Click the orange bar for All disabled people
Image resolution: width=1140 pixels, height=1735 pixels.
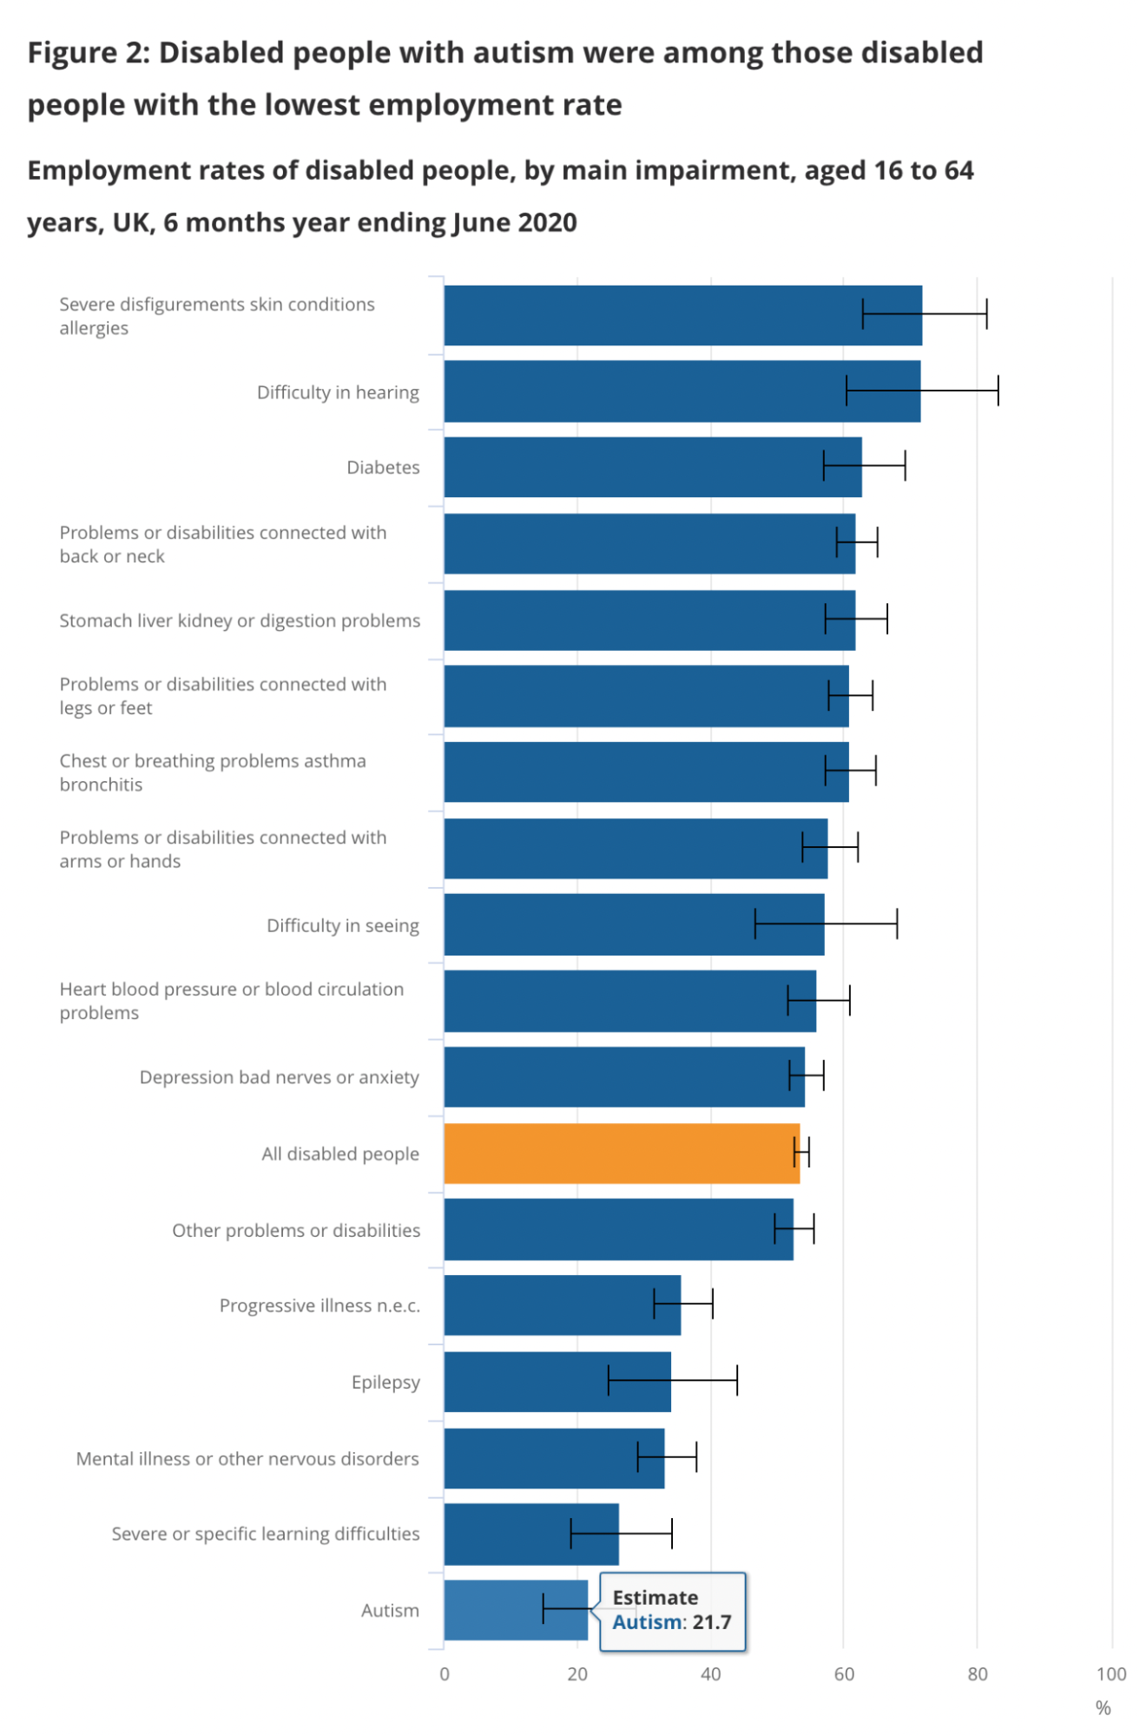[621, 1153]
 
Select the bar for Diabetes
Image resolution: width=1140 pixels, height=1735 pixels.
[651, 467]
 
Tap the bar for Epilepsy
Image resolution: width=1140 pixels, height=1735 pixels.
[556, 1381]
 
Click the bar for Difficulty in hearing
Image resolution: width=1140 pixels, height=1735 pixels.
[682, 391]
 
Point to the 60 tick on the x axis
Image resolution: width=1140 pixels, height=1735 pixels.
[843, 1673]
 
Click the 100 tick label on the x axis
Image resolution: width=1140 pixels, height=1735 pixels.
[1110, 1673]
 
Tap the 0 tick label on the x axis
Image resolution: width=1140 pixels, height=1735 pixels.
[445, 1673]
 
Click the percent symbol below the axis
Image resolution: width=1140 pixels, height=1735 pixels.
[1103, 1707]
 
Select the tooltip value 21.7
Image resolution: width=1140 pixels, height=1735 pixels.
[711, 1621]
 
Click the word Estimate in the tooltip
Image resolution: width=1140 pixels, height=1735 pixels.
[655, 1597]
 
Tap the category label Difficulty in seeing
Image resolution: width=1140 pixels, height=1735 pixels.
[342, 925]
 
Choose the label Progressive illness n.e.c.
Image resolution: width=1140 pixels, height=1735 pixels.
[319, 1305]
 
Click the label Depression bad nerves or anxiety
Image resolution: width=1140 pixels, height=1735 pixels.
[279, 1077]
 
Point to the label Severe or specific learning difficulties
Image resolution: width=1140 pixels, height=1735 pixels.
[265, 1534]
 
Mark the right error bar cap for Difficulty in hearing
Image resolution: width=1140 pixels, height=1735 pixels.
[998, 391]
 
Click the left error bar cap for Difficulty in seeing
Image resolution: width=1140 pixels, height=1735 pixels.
[755, 923]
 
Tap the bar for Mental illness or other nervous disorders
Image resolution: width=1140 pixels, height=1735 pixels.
[553, 1458]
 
